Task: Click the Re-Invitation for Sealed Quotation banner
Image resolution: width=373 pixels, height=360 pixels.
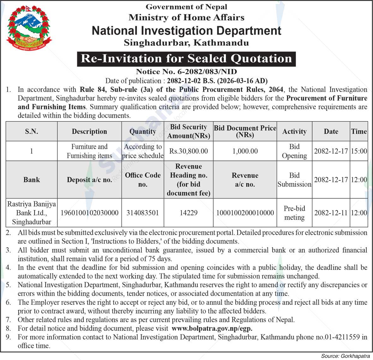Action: [186, 59]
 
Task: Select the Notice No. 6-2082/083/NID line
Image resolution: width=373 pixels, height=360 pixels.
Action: [186, 72]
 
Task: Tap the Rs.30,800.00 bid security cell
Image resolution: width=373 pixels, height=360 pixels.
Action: [189, 151]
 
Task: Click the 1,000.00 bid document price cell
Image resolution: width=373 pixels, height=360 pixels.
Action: [245, 151]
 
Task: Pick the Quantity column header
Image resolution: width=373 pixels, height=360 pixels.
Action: [143, 132]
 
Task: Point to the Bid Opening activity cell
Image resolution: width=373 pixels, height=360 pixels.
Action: [294, 151]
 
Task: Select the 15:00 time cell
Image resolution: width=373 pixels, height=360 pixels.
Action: [359, 151]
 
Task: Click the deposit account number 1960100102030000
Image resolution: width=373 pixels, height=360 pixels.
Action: [89, 213]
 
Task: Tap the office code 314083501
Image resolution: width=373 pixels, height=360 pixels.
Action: [143, 213]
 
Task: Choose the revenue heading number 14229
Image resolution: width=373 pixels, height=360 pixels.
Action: [189, 213]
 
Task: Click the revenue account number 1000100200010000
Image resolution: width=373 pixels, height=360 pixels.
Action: [245, 213]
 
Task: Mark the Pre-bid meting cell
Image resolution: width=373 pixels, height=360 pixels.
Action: [294, 213]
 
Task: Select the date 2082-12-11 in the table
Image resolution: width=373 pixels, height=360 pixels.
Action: [331, 213]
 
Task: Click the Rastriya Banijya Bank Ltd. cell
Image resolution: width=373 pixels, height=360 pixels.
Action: [32, 213]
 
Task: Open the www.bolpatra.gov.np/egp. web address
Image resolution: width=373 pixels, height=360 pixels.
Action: [212, 328]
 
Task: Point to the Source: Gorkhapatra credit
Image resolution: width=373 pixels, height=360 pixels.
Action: [346, 356]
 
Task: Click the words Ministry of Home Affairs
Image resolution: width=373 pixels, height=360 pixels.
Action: [186, 17]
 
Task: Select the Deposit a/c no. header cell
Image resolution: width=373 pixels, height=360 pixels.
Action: [89, 180]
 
